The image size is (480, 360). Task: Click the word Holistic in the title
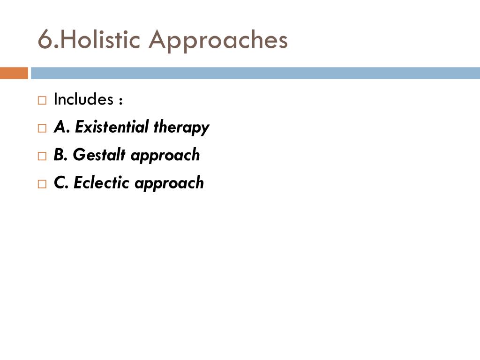(x=100, y=40)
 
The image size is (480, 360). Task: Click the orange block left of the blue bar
(x=14, y=73)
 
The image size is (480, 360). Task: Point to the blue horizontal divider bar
(x=255, y=73)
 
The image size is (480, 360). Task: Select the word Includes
(x=83, y=99)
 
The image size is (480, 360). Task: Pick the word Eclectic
(x=102, y=182)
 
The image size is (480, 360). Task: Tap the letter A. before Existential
(x=61, y=127)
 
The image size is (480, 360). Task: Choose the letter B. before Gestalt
(x=61, y=155)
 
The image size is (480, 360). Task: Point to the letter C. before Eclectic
(x=61, y=182)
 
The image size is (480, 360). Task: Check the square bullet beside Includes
(x=42, y=100)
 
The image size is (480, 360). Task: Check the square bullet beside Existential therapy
(x=42, y=128)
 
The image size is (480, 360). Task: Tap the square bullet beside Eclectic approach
(x=42, y=184)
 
